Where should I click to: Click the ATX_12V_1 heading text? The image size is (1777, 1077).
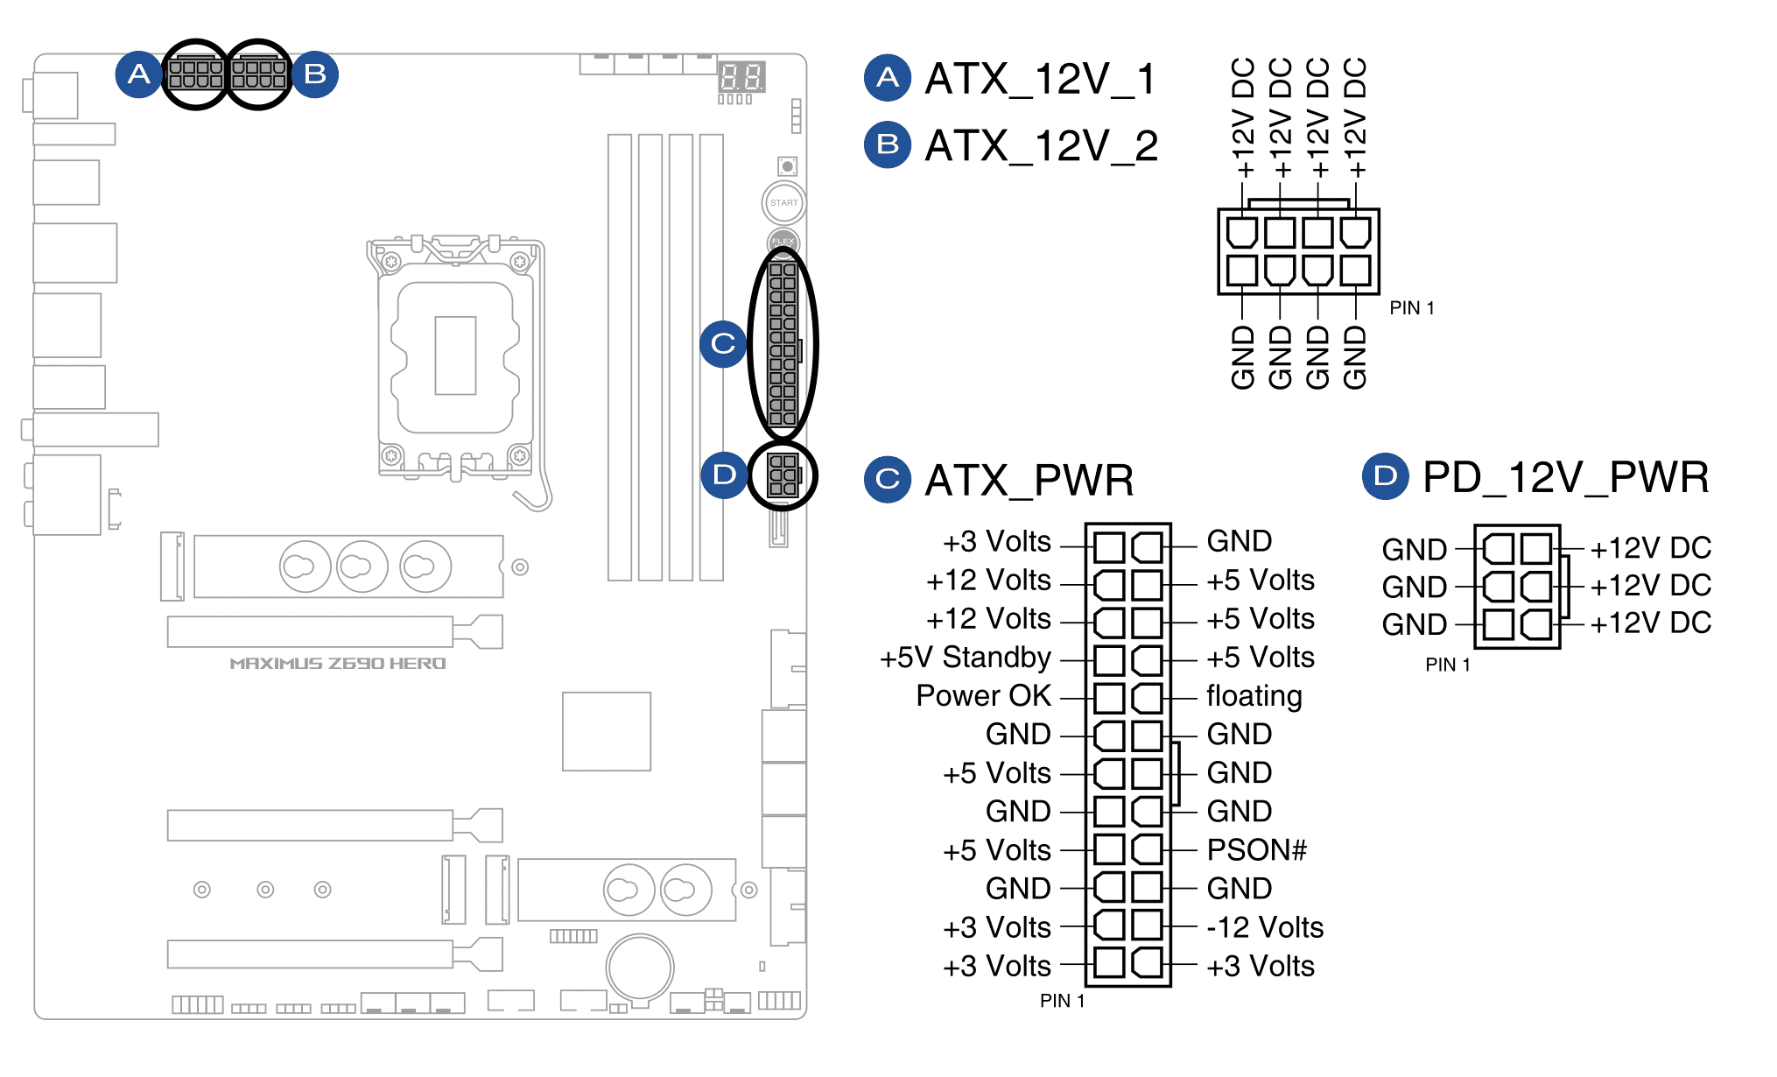pyautogui.click(x=1040, y=79)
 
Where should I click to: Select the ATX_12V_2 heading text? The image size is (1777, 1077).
pyautogui.click(x=1041, y=145)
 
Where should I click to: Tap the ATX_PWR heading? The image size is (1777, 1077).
pyautogui.click(x=1029, y=480)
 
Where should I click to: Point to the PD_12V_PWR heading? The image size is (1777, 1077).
pyautogui.click(x=1565, y=477)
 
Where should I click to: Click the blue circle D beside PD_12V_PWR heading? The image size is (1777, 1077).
pyautogui.click(x=1385, y=476)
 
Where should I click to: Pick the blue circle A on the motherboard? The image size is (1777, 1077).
pyautogui.click(x=138, y=74)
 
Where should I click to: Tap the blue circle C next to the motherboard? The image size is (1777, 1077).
pyautogui.click(x=723, y=343)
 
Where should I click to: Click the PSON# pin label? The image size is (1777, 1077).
pyautogui.click(x=1256, y=849)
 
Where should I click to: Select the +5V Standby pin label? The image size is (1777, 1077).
pyautogui.click(x=965, y=657)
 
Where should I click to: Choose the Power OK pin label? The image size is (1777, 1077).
pyautogui.click(x=983, y=695)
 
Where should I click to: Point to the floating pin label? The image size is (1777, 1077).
pyautogui.click(x=1254, y=696)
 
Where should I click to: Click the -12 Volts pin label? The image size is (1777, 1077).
pyautogui.click(x=1264, y=927)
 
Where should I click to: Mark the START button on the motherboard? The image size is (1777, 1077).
pyautogui.click(x=783, y=202)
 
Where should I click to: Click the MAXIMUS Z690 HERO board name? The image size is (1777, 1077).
pyautogui.click(x=338, y=664)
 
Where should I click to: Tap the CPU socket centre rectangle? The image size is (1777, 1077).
pyautogui.click(x=455, y=355)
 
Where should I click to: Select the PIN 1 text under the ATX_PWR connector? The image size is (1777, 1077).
pyautogui.click(x=1062, y=1001)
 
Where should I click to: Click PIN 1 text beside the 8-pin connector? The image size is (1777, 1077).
pyautogui.click(x=1411, y=308)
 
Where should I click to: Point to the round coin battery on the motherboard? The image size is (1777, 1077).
pyautogui.click(x=641, y=968)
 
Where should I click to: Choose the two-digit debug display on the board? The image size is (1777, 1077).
pyautogui.click(x=741, y=77)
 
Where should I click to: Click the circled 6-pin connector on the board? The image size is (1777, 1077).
pyautogui.click(x=783, y=475)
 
